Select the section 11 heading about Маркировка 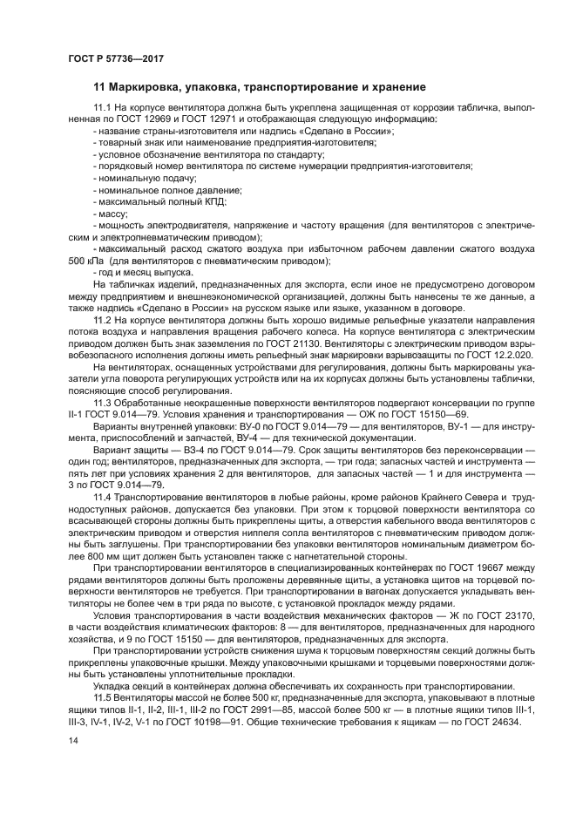click(x=260, y=87)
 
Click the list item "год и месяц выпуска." click(x=145, y=273)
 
